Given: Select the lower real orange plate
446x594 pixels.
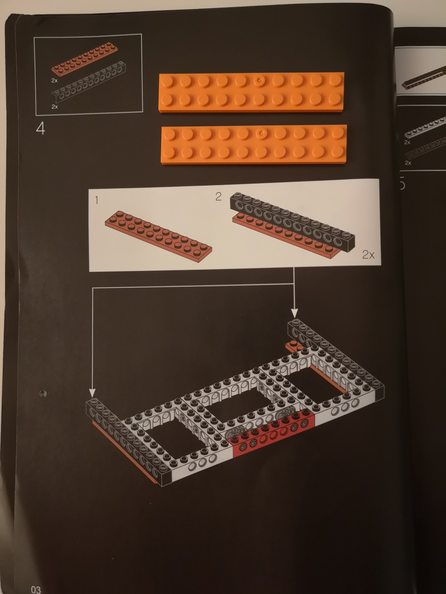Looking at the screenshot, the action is pyautogui.click(x=254, y=144).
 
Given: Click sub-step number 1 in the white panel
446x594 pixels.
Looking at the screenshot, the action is pyautogui.click(x=97, y=200).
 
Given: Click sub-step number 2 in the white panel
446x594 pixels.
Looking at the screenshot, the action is pyautogui.click(x=218, y=197).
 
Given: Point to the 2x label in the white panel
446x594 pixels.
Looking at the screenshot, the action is pyautogui.click(x=368, y=255).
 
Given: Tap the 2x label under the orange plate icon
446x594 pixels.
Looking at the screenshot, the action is pyautogui.click(x=55, y=80).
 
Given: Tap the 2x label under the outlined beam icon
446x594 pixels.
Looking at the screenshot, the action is pyautogui.click(x=55, y=107).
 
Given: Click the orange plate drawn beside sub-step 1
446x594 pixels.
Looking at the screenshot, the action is pyautogui.click(x=158, y=236).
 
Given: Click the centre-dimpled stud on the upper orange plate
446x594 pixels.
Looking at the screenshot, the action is pyautogui.click(x=259, y=80).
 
